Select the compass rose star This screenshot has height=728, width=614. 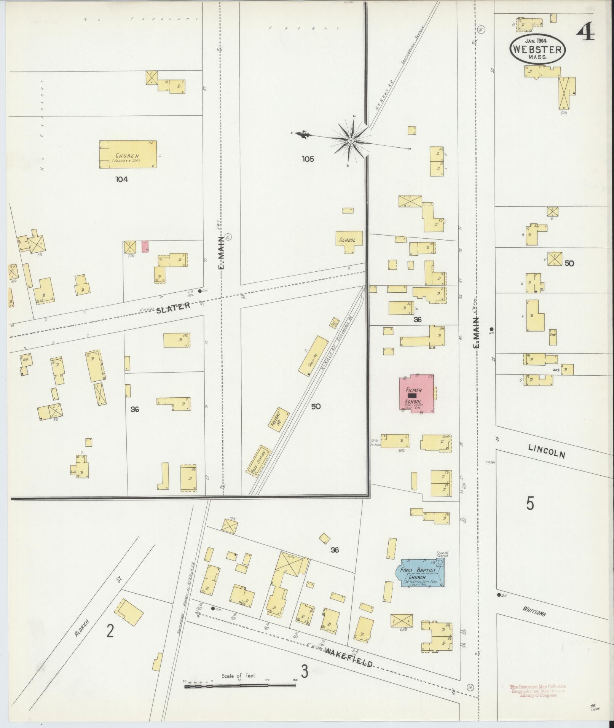(351, 141)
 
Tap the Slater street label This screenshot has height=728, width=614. (173, 307)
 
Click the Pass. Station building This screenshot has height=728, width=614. (259, 461)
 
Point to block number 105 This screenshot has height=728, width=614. (308, 159)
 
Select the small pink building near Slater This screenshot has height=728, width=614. (145, 246)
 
